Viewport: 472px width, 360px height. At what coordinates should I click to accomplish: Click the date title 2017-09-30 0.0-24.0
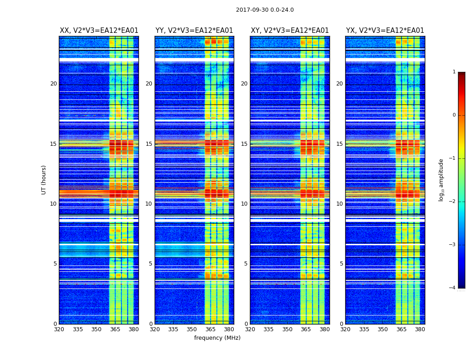[265, 10]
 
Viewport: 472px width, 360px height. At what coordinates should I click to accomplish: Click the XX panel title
[99, 31]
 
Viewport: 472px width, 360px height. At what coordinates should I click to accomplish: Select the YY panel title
[194, 31]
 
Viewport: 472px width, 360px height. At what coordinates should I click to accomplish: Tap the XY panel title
[289, 31]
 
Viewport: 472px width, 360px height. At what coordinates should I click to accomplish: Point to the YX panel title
[385, 31]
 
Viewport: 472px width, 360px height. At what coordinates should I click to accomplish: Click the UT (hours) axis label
[44, 180]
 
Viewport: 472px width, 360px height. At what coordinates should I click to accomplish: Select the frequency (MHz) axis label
[217, 338]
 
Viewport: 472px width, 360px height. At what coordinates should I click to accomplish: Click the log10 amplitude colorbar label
[441, 180]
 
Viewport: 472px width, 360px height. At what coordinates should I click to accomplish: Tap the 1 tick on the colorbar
[454, 72]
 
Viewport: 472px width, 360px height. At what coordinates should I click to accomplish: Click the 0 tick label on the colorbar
[454, 115]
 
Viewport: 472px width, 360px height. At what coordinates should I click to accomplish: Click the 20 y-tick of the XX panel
[53, 84]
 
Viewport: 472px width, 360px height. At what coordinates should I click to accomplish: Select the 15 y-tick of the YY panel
[149, 144]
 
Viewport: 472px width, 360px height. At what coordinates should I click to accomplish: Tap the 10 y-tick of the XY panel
[244, 204]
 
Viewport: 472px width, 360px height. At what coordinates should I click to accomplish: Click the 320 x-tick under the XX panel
[59, 329]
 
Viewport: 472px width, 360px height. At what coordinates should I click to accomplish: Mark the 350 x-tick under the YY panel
[192, 329]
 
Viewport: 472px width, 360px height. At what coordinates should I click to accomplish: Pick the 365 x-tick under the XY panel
[306, 329]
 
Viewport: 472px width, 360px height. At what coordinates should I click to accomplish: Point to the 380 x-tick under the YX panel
[420, 329]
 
